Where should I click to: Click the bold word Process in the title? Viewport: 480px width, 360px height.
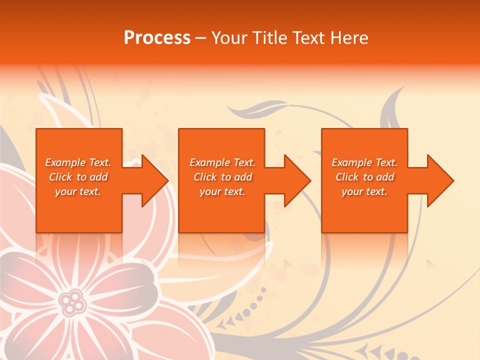157,37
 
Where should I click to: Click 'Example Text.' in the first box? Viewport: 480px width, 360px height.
78,162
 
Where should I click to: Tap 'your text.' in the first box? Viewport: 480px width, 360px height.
78,191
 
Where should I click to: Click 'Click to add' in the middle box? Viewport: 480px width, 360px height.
222,177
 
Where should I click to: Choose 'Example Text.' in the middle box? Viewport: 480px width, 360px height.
222,162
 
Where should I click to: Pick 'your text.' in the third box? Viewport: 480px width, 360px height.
364,191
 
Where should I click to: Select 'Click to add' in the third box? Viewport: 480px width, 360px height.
364,177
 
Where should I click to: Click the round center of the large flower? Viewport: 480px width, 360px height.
73,301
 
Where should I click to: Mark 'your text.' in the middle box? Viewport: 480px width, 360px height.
222,191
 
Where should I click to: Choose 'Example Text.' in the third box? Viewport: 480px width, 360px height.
364,162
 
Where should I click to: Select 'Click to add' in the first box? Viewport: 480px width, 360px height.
78,177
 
